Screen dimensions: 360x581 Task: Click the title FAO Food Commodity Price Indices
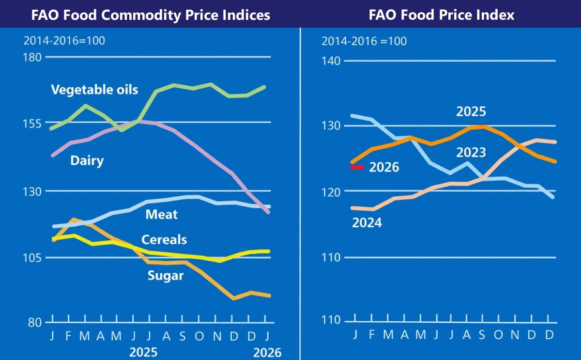click(151, 15)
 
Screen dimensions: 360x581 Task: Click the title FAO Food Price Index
click(441, 15)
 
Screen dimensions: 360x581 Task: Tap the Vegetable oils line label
click(94, 90)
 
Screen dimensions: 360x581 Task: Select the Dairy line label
click(87, 160)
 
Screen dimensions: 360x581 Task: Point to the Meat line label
click(161, 214)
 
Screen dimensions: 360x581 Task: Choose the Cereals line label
click(164, 240)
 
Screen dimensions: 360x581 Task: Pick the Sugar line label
click(166, 276)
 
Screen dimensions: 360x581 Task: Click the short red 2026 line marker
click(357, 167)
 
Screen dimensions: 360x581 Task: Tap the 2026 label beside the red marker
click(384, 168)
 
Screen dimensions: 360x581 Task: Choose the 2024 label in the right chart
click(367, 223)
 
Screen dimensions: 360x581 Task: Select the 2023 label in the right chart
click(471, 153)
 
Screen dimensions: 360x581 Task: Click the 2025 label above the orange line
click(471, 112)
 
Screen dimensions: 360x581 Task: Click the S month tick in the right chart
click(483, 334)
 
